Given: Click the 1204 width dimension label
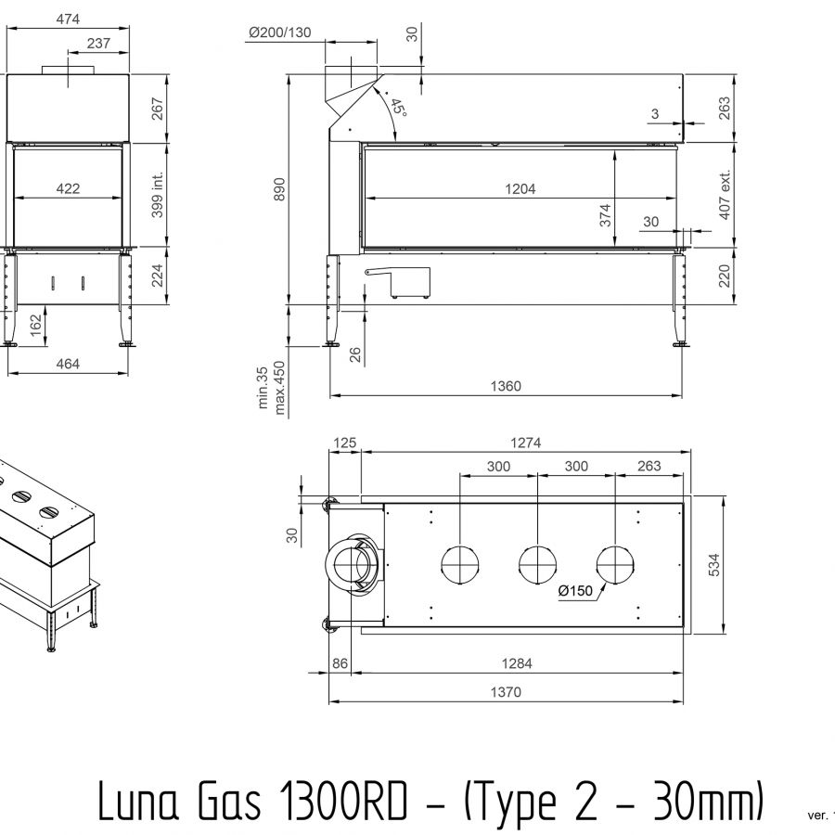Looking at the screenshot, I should point(520,188).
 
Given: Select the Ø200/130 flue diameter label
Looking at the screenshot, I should point(279,33).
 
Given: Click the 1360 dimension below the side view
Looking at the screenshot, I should point(507,386).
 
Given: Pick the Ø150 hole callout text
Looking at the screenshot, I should point(575,591).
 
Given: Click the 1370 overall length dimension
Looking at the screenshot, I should point(507,691).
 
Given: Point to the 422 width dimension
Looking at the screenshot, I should point(68,188).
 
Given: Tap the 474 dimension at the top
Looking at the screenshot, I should point(68,20).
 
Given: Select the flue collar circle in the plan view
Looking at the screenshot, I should point(352,564).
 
